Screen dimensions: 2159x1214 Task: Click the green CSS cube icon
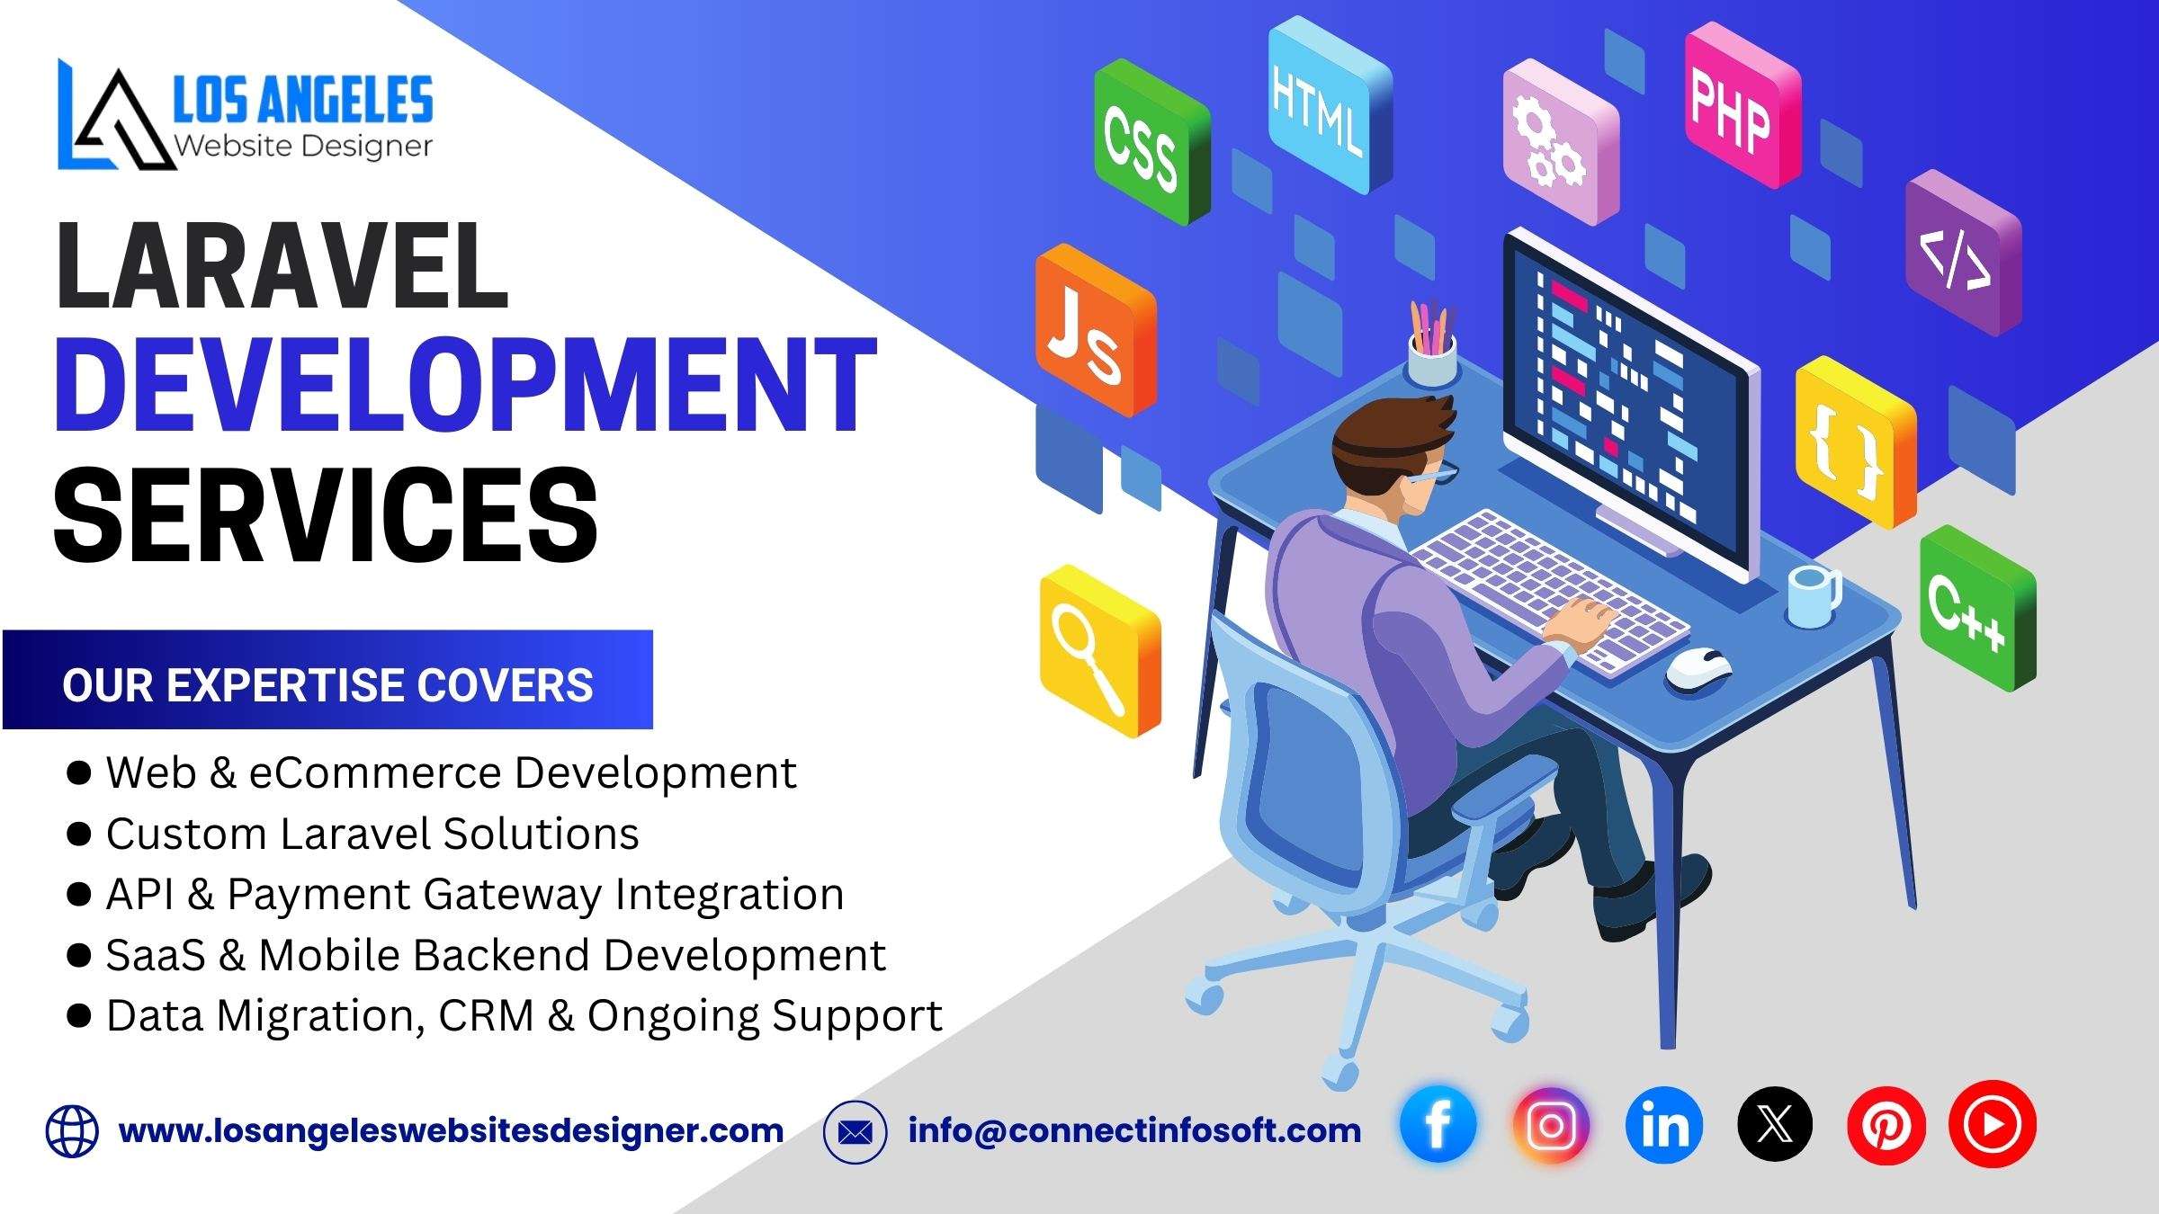click(x=1151, y=142)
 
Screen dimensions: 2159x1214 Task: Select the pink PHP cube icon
click(x=1742, y=105)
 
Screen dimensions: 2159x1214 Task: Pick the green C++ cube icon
click(x=1977, y=608)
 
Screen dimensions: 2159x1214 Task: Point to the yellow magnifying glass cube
click(x=1100, y=651)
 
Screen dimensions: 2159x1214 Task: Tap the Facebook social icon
click(x=1438, y=1125)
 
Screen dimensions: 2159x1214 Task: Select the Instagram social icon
click(x=1551, y=1125)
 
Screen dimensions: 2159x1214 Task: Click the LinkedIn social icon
click(x=1664, y=1125)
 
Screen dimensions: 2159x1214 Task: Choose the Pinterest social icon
click(x=1886, y=1125)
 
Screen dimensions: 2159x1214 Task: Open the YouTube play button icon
click(x=1992, y=1124)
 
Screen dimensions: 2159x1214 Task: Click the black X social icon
click(x=1775, y=1125)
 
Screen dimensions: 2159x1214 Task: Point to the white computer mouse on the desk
click(x=1698, y=670)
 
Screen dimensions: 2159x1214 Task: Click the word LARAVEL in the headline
click(x=282, y=267)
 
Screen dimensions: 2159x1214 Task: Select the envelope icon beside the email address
click(x=855, y=1132)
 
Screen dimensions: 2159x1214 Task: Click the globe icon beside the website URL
click(x=72, y=1131)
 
